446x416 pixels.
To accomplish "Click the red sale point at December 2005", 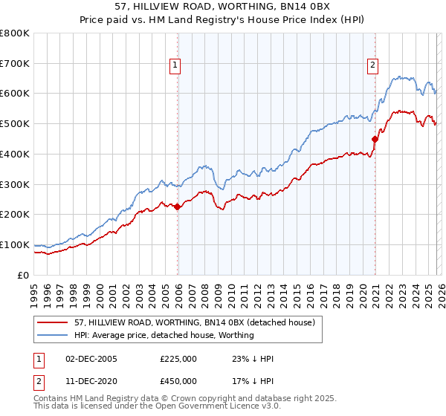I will point(178,207).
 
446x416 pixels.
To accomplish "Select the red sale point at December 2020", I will point(375,138).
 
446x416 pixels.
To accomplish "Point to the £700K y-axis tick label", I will point(15,63).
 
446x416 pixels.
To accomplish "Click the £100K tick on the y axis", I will point(15,244).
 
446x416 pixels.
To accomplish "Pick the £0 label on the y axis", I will point(24,275).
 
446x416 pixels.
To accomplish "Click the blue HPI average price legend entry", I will point(164,335).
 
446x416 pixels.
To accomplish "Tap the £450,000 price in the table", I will point(178,381).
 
